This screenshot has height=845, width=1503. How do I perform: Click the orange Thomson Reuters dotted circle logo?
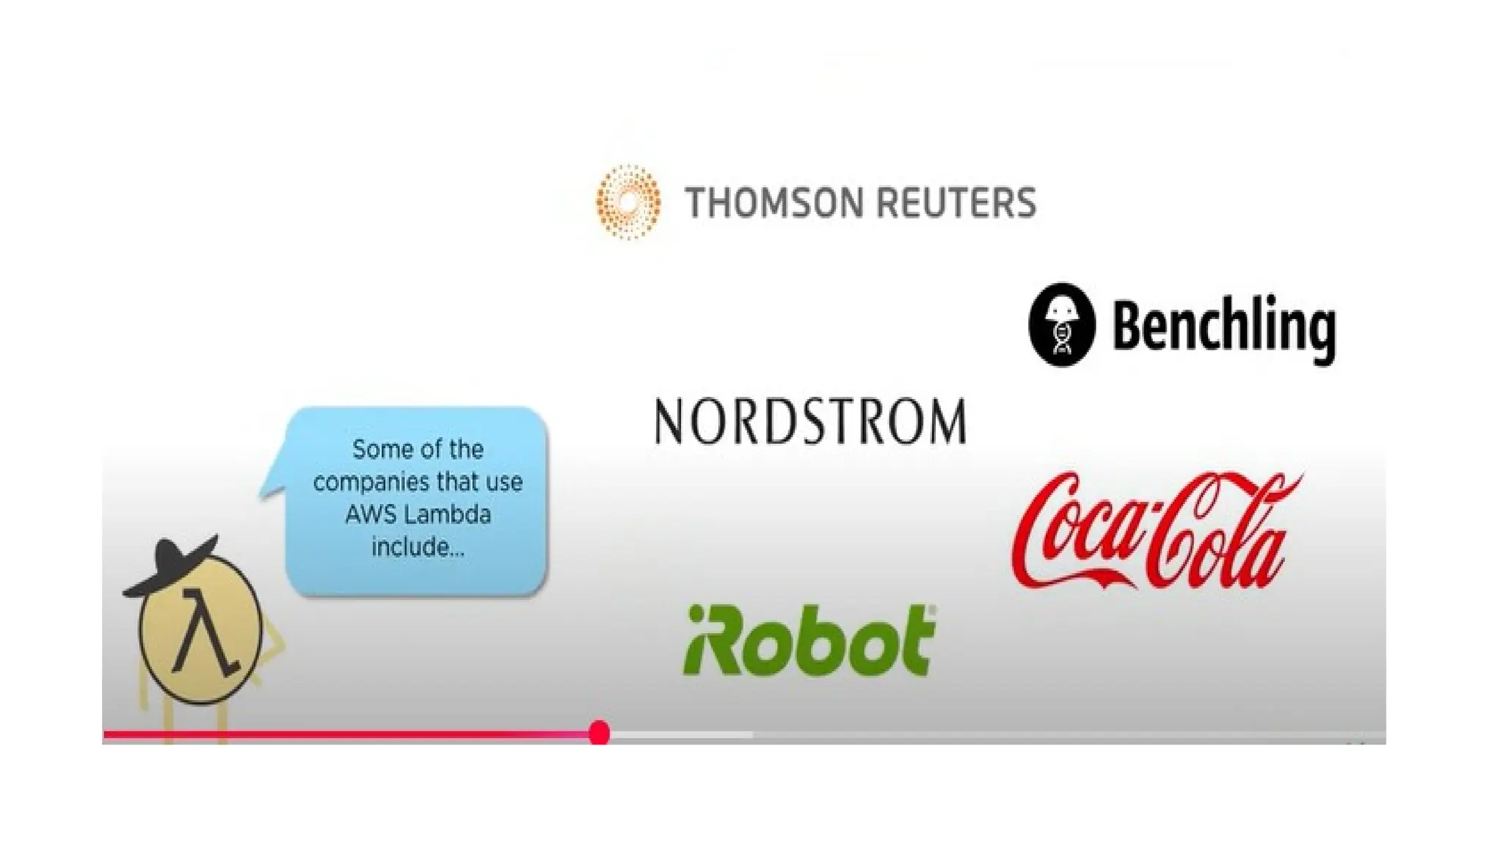(628, 202)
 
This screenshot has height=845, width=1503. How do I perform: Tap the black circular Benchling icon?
(1062, 324)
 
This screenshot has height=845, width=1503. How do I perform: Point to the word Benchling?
(1223, 327)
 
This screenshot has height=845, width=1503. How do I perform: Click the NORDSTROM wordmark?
(810, 422)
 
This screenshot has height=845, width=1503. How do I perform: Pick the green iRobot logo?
(809, 640)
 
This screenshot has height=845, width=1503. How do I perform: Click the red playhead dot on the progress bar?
(600, 732)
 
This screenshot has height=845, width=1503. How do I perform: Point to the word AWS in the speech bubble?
(365, 514)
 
